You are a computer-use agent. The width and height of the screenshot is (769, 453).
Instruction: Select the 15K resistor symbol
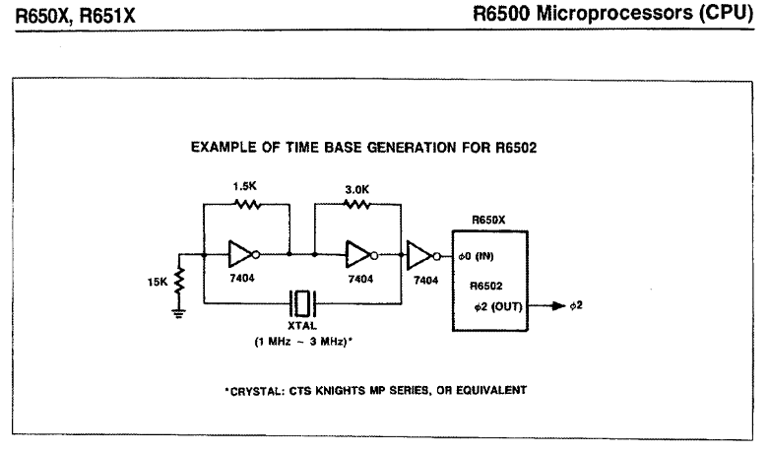click(x=179, y=282)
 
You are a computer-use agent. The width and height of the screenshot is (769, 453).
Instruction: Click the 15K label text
click(x=158, y=282)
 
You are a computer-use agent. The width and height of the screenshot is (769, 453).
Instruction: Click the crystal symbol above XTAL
click(x=302, y=301)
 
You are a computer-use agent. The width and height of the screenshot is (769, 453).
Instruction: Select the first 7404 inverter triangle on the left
click(x=241, y=255)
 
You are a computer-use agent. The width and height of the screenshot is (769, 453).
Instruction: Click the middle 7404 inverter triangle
click(x=354, y=255)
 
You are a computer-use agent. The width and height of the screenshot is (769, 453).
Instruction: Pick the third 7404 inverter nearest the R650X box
click(x=419, y=255)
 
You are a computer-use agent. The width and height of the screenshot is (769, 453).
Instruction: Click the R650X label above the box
click(x=488, y=223)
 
